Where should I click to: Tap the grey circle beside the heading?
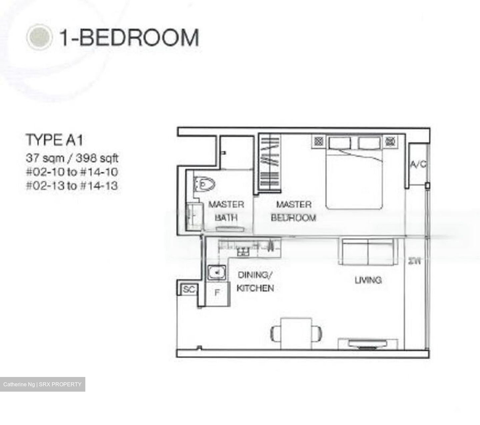(39, 37)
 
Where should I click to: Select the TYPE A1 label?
(54, 140)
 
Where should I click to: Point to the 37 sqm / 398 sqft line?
(72, 158)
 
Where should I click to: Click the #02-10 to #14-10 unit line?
(72, 172)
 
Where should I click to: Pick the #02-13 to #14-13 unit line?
(72, 186)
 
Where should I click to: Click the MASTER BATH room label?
(226, 211)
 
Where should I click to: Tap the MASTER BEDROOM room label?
(293, 211)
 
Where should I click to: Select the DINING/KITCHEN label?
(255, 282)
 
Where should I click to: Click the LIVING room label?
(368, 280)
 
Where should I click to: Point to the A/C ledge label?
(418, 164)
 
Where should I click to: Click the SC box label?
(189, 289)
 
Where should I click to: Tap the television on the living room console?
(368, 344)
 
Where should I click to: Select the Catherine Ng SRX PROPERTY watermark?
(42, 384)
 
